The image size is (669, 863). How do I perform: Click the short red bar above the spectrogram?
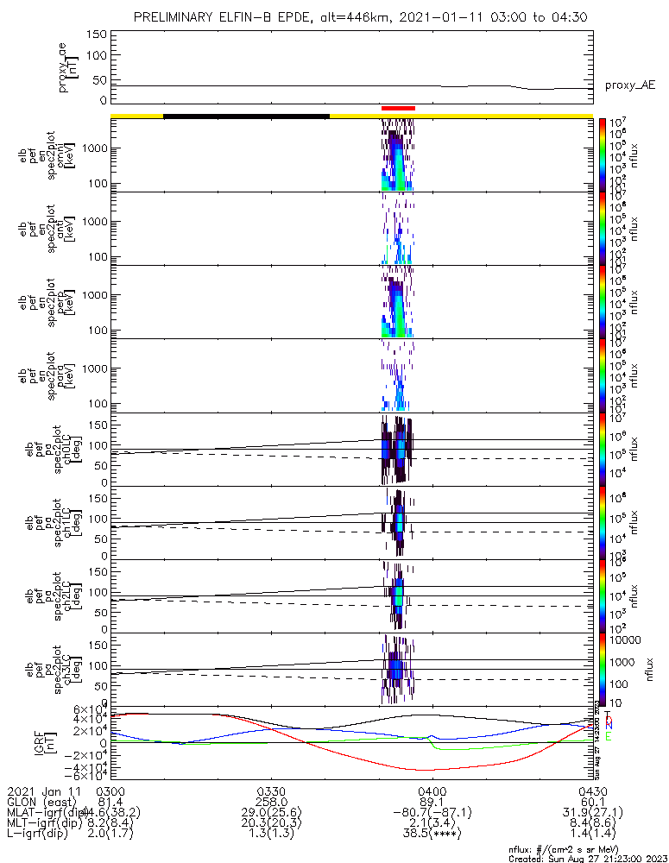(x=398, y=108)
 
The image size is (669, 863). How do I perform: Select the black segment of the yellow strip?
(x=246, y=115)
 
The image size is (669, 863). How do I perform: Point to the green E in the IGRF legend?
(x=609, y=736)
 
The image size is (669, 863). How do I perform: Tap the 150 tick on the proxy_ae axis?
(x=98, y=34)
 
